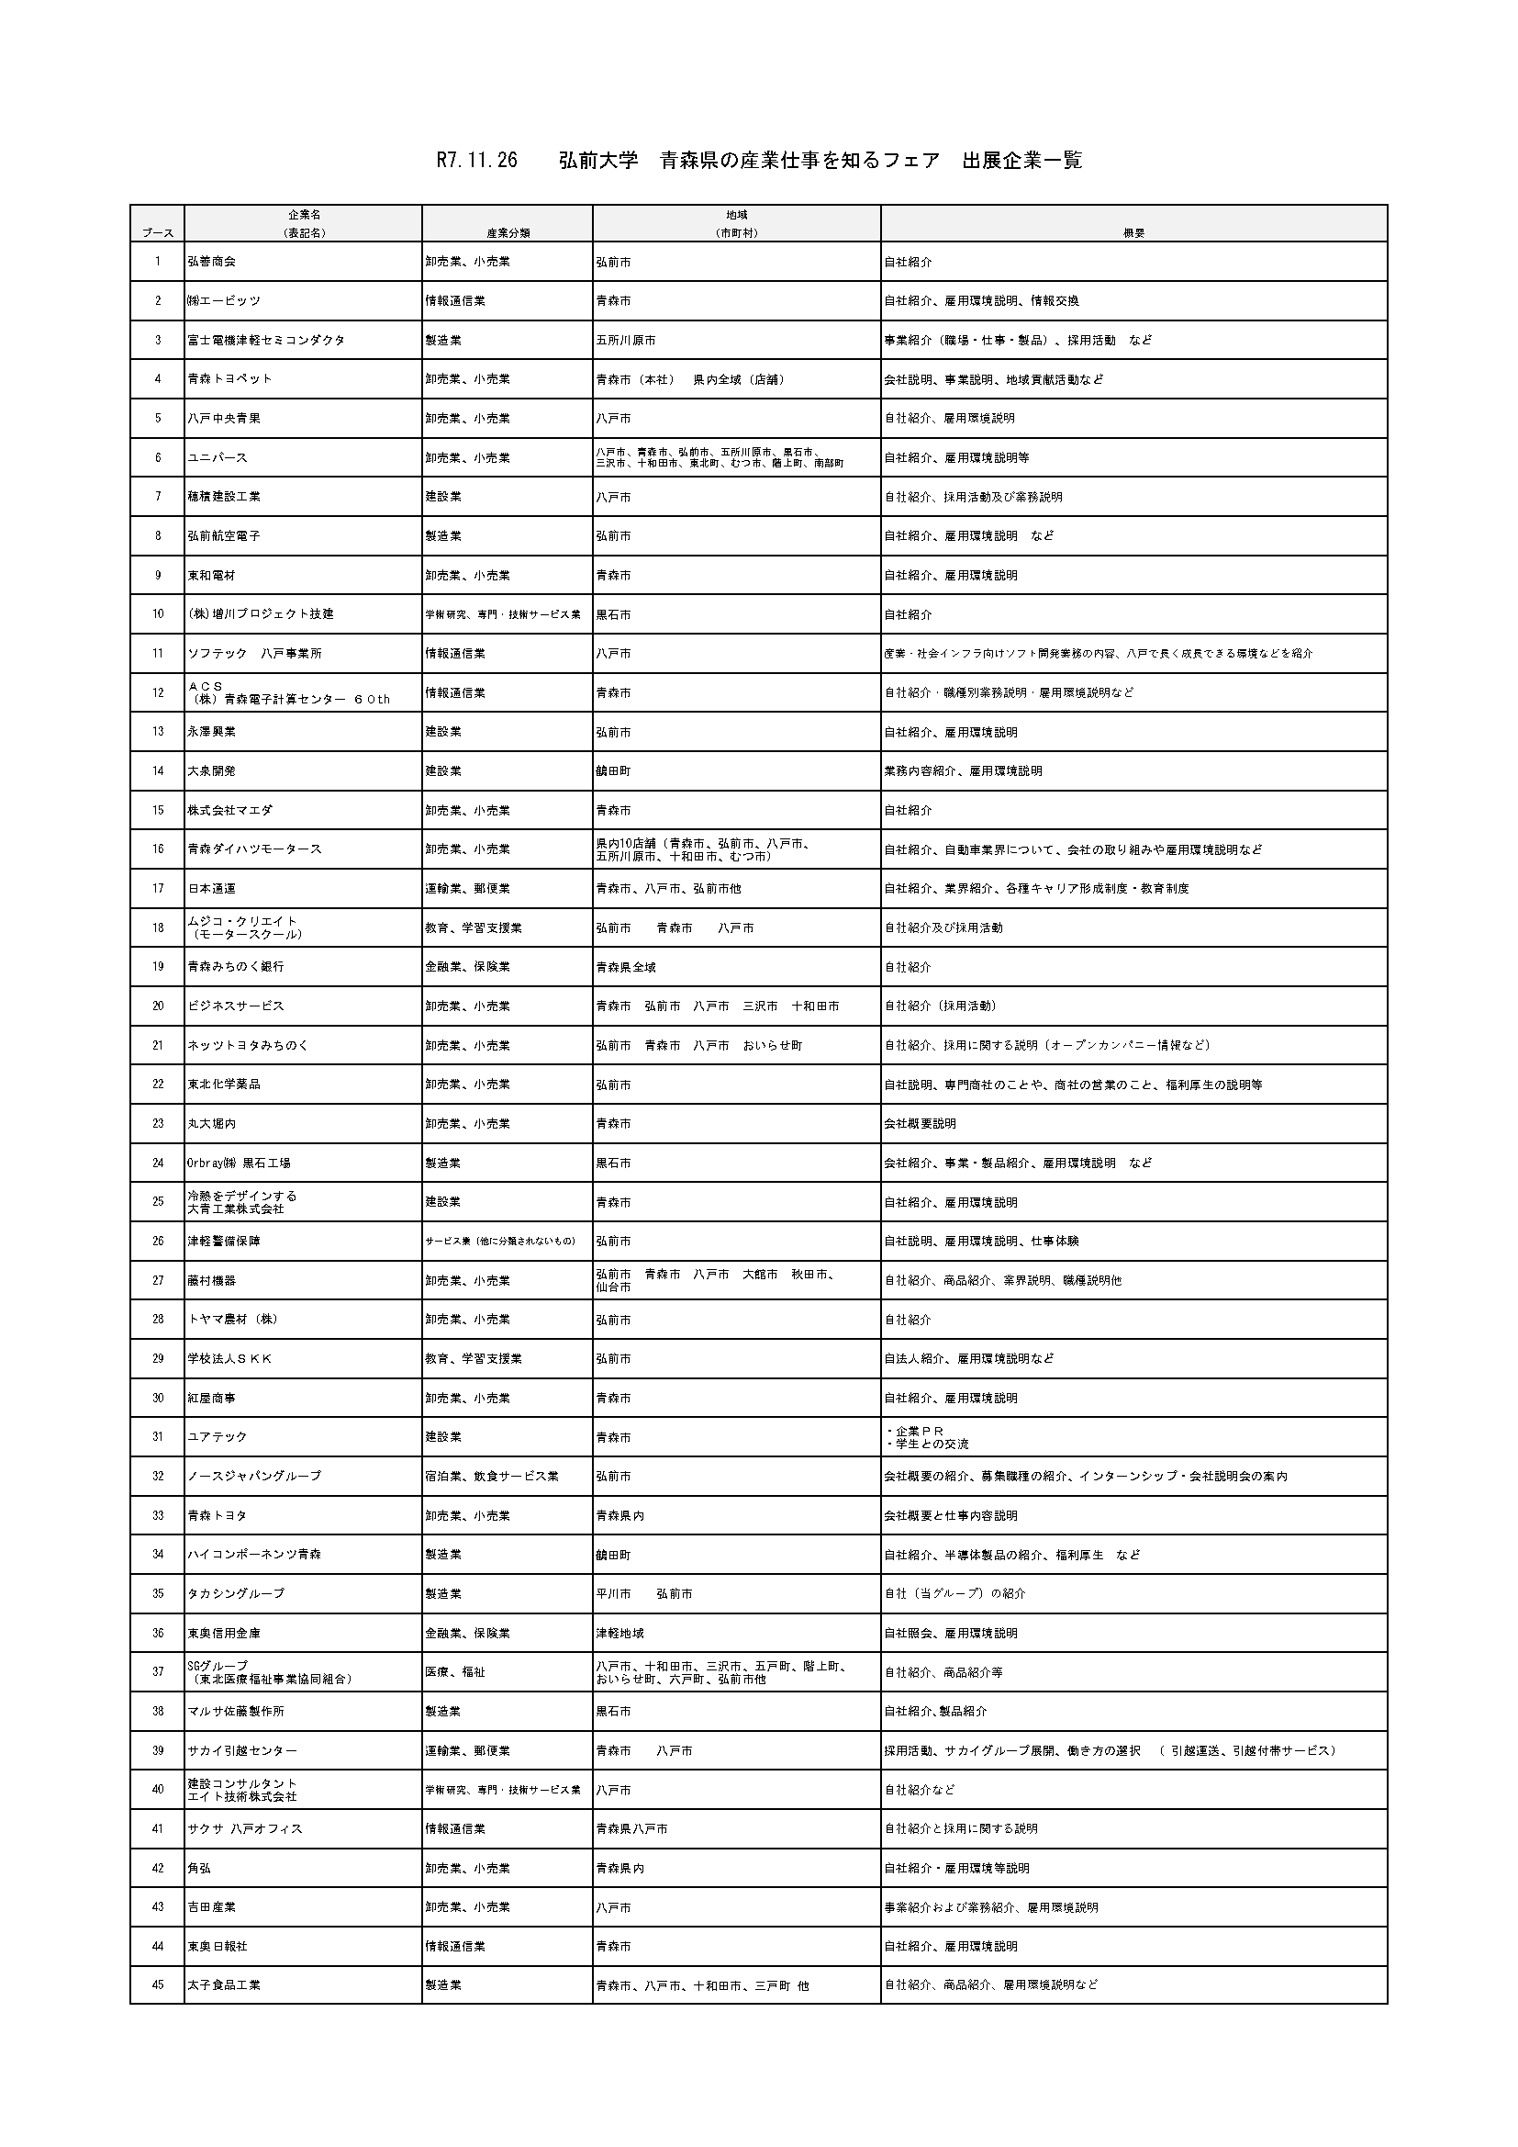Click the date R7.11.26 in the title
click(x=476, y=161)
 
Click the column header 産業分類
click(x=508, y=233)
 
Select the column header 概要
click(x=1133, y=233)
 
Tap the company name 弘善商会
click(x=212, y=262)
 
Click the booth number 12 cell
click(x=158, y=693)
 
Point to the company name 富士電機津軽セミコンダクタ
click(x=266, y=341)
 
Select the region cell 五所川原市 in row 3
click(x=625, y=341)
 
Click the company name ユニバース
click(x=218, y=458)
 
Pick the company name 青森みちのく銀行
click(x=236, y=967)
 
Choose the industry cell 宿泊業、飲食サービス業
click(x=492, y=1477)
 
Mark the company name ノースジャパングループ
click(x=254, y=1477)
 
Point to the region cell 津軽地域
click(x=619, y=1634)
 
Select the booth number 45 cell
click(x=158, y=1985)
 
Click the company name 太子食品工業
click(x=224, y=1985)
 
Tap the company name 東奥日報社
click(x=218, y=1946)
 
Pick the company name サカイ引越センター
click(x=242, y=1750)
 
